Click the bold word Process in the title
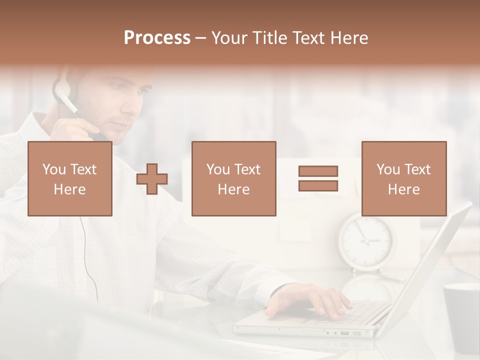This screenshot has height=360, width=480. [157, 38]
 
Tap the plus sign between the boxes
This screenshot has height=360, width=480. [152, 179]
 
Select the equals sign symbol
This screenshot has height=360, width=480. [318, 178]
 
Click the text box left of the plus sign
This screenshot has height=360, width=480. [69, 179]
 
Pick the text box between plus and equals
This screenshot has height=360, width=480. [233, 179]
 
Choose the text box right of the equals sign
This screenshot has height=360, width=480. [403, 179]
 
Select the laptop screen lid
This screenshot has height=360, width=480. [430, 260]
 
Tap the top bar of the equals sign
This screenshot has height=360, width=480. [318, 171]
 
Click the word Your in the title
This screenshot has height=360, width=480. [229, 38]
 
